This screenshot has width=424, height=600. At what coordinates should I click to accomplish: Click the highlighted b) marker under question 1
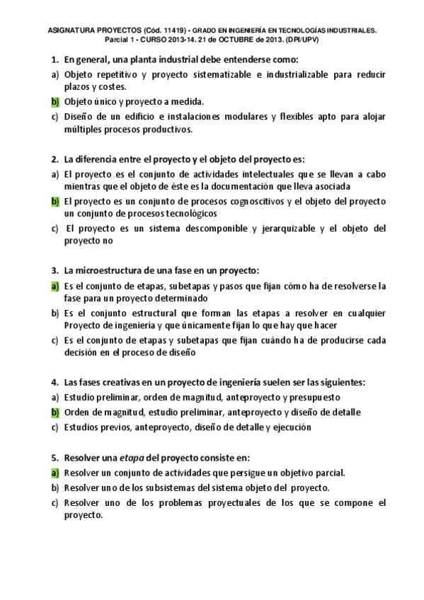(x=55, y=101)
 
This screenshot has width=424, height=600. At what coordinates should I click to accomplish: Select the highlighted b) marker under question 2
(x=55, y=202)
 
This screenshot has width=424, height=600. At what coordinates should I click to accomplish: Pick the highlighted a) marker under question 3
(x=55, y=287)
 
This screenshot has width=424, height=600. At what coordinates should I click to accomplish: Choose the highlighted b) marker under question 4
(x=55, y=412)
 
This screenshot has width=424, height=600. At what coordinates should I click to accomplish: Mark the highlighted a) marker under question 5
(x=55, y=473)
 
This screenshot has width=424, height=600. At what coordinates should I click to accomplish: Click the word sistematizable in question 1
(x=213, y=74)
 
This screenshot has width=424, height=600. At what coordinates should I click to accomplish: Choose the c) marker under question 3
(x=55, y=340)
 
